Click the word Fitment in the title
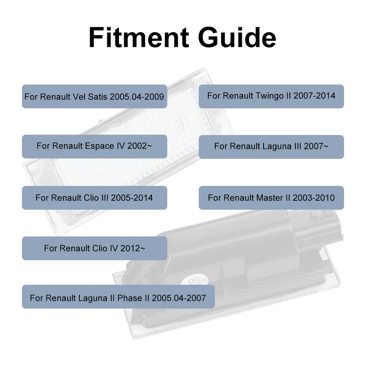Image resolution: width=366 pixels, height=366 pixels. point(139,37)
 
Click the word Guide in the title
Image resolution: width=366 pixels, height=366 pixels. point(238,37)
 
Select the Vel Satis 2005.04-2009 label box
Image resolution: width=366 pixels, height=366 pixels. point(94,96)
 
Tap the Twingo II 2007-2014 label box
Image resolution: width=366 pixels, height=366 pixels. point(271,96)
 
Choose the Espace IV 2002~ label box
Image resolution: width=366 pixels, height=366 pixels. point(94,147)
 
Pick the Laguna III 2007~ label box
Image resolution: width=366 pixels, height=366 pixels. point(271,147)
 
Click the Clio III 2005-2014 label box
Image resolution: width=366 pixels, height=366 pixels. point(94,198)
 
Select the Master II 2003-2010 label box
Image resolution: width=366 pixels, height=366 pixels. point(271,198)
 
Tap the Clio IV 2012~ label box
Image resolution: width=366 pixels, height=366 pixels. point(94,249)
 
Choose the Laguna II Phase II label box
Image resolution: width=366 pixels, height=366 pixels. point(118,297)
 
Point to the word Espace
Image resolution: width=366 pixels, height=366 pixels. point(100,146)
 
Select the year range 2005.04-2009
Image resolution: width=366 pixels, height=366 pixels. point(137,97)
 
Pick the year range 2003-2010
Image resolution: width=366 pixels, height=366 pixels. point(314,198)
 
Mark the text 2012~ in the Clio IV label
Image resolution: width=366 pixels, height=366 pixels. point(133,248)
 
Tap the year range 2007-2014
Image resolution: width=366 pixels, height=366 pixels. point(314,96)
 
